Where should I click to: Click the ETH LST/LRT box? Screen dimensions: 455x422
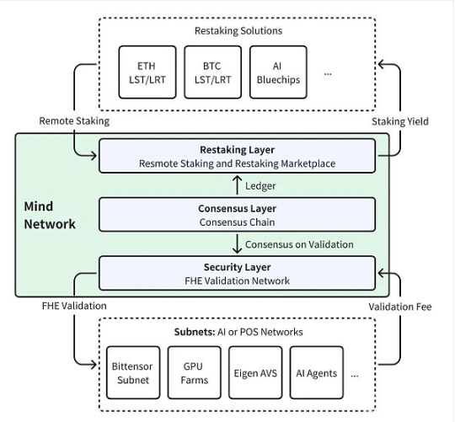(147, 72)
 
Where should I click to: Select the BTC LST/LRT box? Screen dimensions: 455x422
(212, 72)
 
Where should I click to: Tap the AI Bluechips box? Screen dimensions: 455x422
(278, 72)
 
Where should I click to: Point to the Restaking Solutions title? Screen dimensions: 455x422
(238, 30)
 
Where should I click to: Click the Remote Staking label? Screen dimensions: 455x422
(74, 121)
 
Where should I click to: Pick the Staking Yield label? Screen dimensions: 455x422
(400, 121)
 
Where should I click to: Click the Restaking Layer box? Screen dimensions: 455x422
(237, 156)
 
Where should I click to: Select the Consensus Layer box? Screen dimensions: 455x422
(237, 215)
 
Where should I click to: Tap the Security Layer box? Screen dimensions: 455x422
(237, 273)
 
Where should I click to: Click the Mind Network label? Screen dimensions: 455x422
(50, 215)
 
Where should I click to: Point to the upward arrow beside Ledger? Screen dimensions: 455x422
(238, 185)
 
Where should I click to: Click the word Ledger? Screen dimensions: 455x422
(260, 186)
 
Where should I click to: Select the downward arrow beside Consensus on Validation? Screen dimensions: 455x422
(238, 243)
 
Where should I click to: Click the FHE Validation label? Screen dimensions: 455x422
(74, 306)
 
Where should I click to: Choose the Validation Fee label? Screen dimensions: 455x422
(400, 307)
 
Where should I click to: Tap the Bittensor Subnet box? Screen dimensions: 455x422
(133, 372)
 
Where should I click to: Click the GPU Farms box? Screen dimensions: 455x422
(195, 372)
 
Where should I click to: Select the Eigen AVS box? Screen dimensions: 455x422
(255, 372)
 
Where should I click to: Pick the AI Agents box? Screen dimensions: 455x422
(317, 372)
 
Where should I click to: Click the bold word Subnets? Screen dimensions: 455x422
(195, 332)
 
